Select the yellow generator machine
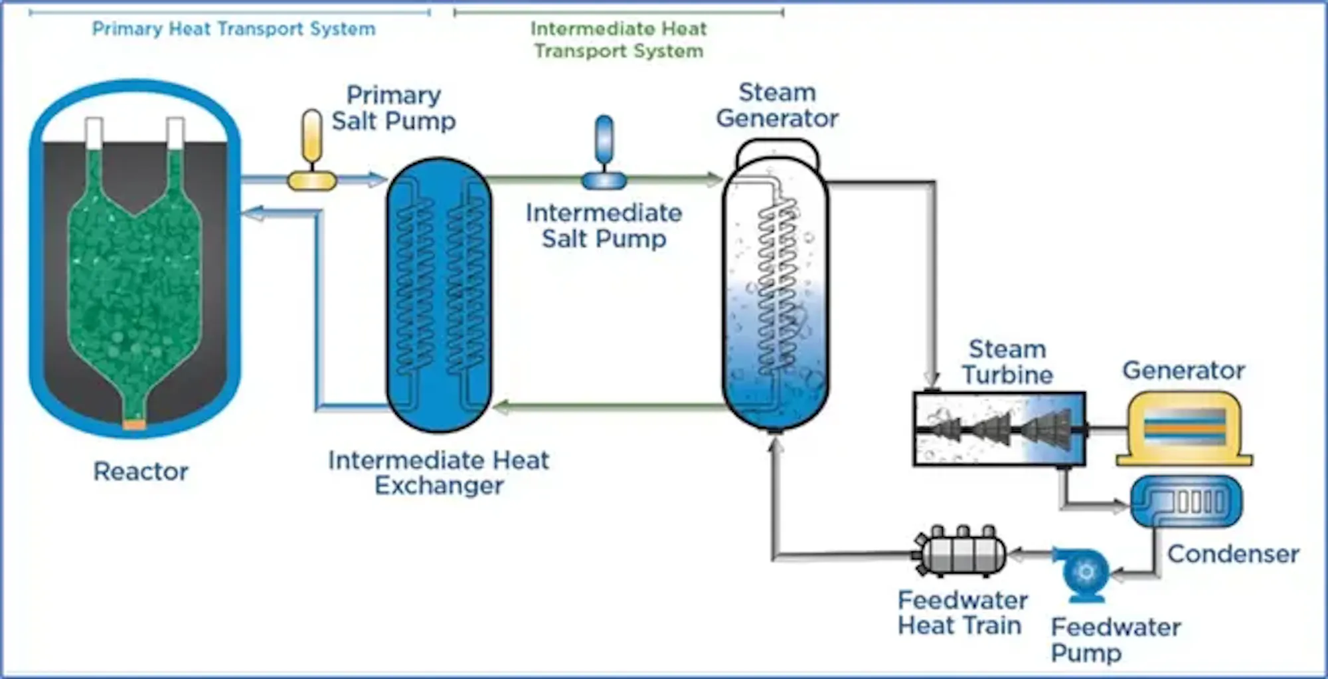click(1185, 428)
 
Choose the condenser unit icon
click(1186, 502)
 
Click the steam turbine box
click(999, 429)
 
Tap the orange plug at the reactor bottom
click(134, 425)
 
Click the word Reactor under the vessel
click(141, 472)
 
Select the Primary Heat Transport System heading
click(233, 29)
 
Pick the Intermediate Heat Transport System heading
click(618, 39)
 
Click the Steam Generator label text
click(777, 106)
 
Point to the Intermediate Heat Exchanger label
click(438, 472)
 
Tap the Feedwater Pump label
click(1116, 639)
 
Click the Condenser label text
click(1233, 554)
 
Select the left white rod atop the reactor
click(94, 133)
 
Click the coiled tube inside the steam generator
click(777, 286)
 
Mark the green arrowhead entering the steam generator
click(714, 179)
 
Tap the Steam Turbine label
click(1007, 362)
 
